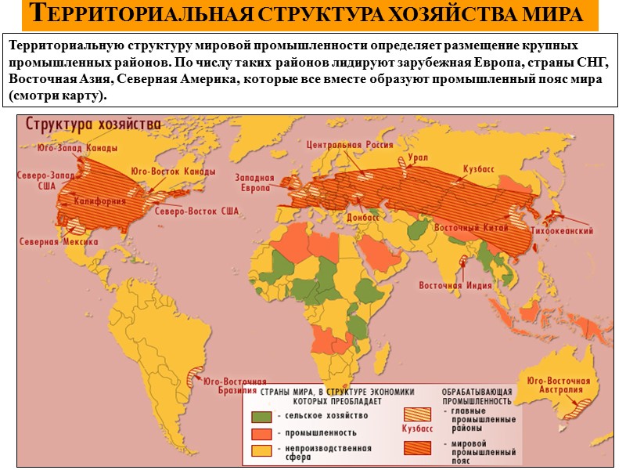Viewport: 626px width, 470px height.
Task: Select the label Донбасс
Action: point(362,215)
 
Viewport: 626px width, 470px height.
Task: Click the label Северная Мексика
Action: point(59,241)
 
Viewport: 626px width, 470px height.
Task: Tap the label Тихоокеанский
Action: point(562,231)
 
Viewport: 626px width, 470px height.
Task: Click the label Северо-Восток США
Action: point(196,211)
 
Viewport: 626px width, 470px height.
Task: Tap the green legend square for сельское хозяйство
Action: point(261,415)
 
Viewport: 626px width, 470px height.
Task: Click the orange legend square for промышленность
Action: point(261,432)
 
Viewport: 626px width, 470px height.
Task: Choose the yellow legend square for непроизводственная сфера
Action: point(261,450)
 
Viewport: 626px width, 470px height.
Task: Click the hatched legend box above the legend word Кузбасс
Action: point(417,414)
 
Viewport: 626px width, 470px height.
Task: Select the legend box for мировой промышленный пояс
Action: point(417,448)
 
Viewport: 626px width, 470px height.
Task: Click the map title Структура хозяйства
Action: point(94,125)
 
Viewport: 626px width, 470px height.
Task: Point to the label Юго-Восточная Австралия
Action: point(559,385)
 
